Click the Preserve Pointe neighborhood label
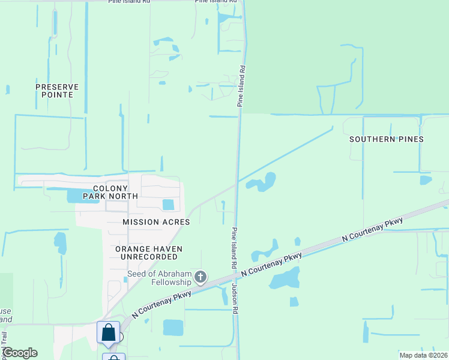(x=57, y=91)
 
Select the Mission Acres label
(x=156, y=222)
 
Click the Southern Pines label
(x=387, y=139)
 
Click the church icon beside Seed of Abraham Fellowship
(x=201, y=278)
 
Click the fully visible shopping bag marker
(x=108, y=333)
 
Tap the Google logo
(x=19, y=353)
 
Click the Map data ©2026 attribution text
(x=423, y=355)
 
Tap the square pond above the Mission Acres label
(x=168, y=205)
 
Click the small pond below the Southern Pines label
(x=426, y=179)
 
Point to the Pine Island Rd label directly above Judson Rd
(x=233, y=248)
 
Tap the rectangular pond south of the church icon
(x=173, y=327)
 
